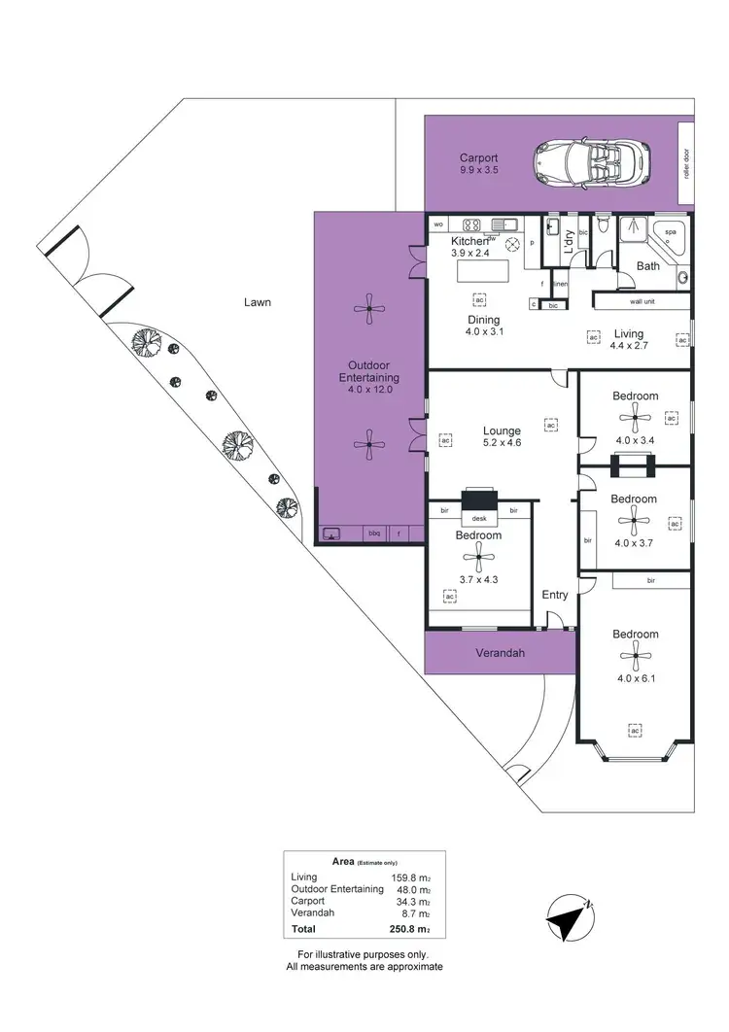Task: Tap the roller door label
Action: click(x=686, y=163)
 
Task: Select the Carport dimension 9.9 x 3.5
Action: click(x=478, y=171)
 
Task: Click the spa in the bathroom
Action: click(x=671, y=233)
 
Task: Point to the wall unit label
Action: click(x=643, y=301)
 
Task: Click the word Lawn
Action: click(x=257, y=302)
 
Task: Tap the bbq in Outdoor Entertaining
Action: click(x=373, y=533)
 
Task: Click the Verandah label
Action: click(x=501, y=653)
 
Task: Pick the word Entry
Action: click(x=555, y=595)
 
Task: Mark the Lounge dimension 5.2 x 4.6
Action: click(x=503, y=442)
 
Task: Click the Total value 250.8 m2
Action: click(x=409, y=930)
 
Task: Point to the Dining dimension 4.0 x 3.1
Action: click(x=483, y=332)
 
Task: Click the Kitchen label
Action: click(x=469, y=241)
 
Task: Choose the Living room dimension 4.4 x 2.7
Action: click(x=628, y=345)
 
